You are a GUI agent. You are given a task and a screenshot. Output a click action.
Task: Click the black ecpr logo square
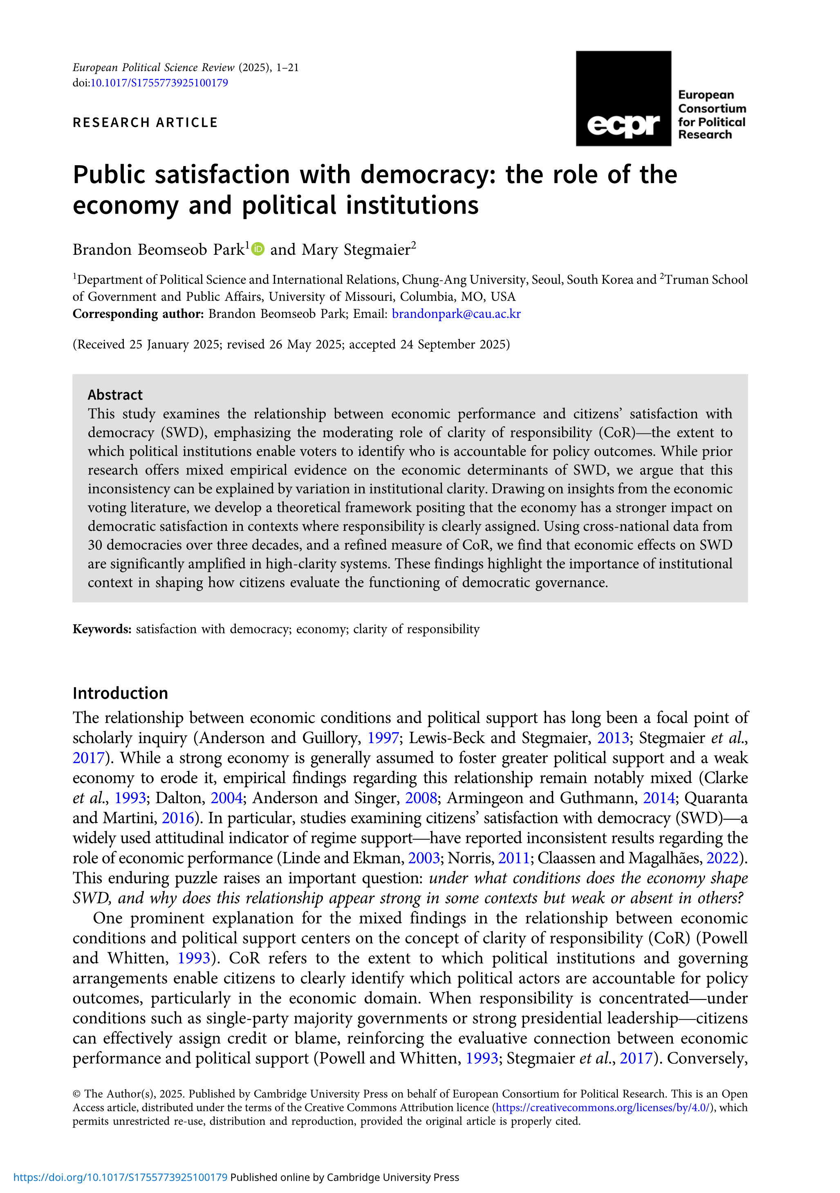[x=623, y=98]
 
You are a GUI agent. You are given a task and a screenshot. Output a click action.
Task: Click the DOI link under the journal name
[x=159, y=83]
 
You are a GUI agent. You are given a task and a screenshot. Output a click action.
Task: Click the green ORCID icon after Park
[x=258, y=249]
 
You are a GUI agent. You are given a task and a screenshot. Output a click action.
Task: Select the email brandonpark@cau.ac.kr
[x=456, y=314]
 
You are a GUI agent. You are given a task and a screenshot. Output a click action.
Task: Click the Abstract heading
[x=115, y=395]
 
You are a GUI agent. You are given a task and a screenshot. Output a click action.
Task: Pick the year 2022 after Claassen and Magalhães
[x=722, y=858]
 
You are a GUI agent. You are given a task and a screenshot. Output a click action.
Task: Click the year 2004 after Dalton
[x=226, y=798]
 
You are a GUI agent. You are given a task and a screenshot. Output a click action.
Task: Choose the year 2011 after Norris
[x=513, y=858]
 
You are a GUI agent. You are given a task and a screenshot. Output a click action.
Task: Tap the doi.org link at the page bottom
[x=121, y=1177]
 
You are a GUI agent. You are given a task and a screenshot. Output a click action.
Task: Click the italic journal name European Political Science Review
[x=153, y=67]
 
